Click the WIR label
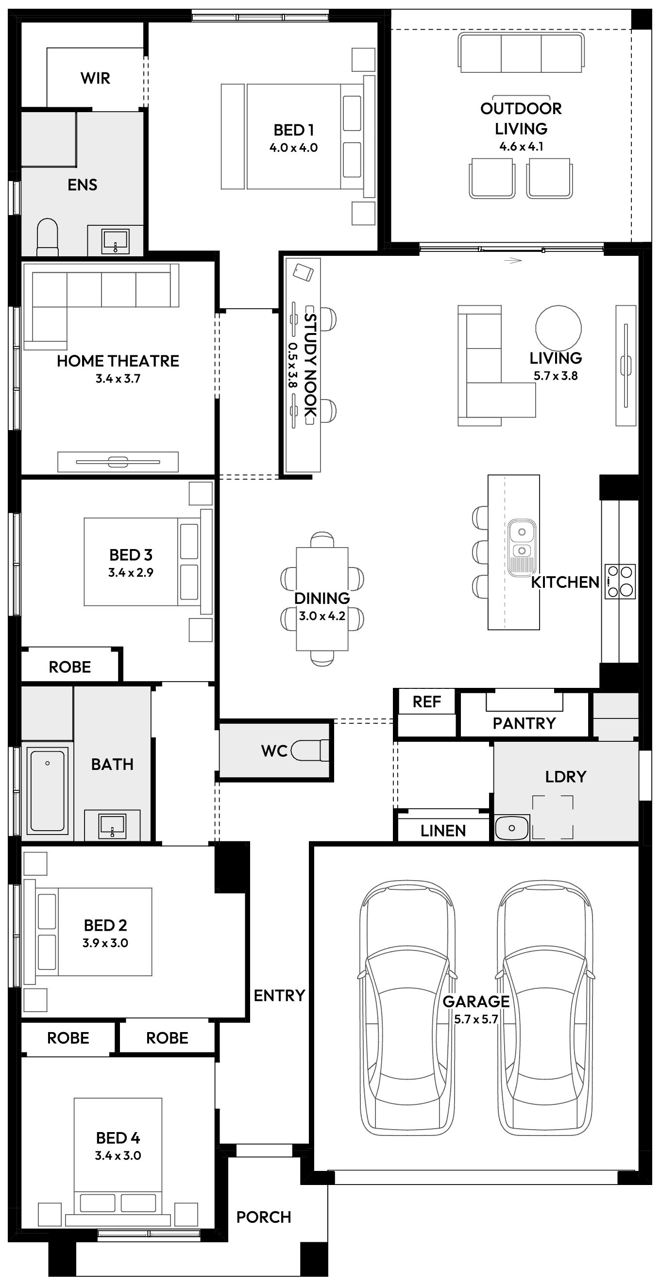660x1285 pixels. [95, 78]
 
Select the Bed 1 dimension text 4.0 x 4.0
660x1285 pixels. [293, 148]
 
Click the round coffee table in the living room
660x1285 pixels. [558, 328]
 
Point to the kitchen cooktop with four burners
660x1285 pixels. [620, 581]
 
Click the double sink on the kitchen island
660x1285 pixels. [522, 541]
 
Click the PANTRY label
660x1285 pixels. [524, 723]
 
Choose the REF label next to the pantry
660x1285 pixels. [426, 702]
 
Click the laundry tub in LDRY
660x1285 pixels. [511, 828]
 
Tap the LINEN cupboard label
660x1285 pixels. [443, 831]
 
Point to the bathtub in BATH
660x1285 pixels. [48, 791]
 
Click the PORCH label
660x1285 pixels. [263, 1217]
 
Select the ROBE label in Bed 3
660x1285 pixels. [70, 667]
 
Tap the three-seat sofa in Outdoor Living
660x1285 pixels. [521, 53]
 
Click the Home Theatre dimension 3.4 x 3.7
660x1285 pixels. [118, 379]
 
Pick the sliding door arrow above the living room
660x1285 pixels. [513, 260]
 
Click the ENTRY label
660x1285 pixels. [279, 996]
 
